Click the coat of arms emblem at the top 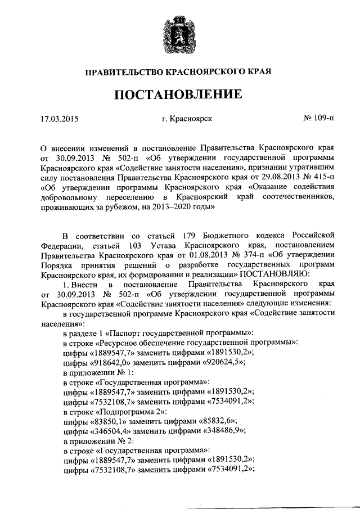(x=179, y=31)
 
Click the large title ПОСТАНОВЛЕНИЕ (x=179, y=94)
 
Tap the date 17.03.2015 (x=59, y=119)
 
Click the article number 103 (x=135, y=245)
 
